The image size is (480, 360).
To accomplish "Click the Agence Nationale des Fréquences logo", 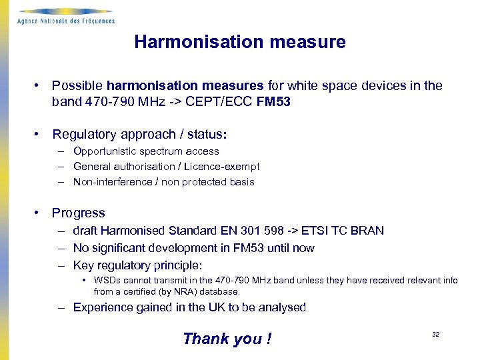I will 65,16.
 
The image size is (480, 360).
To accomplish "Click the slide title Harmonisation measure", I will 240,42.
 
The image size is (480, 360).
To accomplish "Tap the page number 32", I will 435,335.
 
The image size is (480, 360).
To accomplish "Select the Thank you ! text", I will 227,339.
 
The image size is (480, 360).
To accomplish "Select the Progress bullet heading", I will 79,213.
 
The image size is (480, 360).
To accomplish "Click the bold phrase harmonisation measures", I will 185,86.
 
